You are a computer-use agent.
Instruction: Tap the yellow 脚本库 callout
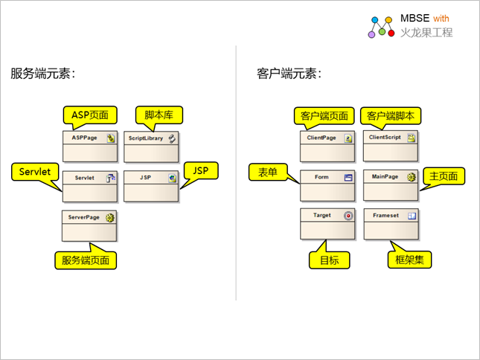pos(159,115)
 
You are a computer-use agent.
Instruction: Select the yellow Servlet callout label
pos(35,171)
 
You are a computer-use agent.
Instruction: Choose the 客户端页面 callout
pos(324,116)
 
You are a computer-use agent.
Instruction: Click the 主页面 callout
pos(447,176)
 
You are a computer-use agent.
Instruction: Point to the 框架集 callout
pos(410,260)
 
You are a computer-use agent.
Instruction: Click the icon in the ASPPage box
pos(110,138)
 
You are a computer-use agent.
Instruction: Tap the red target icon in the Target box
pos(348,216)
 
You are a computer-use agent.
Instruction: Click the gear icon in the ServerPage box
pos(110,218)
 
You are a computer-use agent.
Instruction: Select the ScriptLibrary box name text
pos(145,138)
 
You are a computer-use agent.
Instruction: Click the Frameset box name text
pos(385,216)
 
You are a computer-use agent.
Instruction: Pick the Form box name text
pos(321,178)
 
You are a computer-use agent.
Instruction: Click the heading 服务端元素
pos(43,74)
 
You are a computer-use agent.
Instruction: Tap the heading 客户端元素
pos(289,74)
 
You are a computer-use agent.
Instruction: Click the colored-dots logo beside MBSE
pos(381,26)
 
